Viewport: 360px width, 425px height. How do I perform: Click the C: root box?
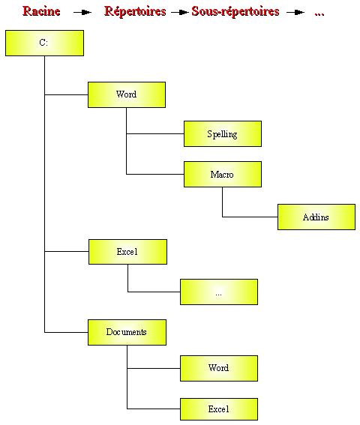click(44, 43)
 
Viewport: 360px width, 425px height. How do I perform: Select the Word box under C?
click(127, 94)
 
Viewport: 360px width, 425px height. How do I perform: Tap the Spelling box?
click(223, 134)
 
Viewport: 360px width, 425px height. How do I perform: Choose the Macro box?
click(223, 175)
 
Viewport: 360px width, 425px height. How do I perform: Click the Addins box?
click(316, 217)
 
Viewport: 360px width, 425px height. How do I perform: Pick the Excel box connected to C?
click(127, 252)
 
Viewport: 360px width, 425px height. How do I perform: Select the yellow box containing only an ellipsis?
click(219, 292)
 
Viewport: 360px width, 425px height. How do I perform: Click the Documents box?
click(127, 332)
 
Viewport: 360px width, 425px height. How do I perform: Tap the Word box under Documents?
click(219, 368)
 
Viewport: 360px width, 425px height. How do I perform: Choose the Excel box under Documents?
click(219, 409)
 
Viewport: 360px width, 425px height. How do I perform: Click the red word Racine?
click(41, 11)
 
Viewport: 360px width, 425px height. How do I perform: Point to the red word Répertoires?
click(135, 12)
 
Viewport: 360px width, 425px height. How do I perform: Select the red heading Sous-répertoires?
click(235, 12)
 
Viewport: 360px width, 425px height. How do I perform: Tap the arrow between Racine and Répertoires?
click(82, 12)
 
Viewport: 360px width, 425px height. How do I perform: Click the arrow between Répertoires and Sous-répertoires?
click(179, 12)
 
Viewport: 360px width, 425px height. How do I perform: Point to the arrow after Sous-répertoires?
click(295, 12)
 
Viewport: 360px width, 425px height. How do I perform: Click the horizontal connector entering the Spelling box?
click(155, 133)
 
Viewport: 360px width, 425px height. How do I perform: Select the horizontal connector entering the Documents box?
click(66, 332)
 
